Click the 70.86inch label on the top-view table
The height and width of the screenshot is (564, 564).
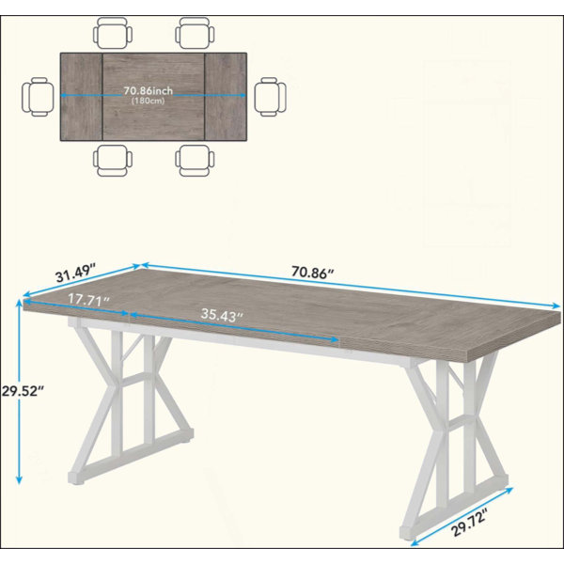[149, 90]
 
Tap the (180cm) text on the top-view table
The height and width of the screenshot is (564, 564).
[148, 101]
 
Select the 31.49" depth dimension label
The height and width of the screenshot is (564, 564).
[75, 274]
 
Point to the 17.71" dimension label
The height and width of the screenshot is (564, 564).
[88, 300]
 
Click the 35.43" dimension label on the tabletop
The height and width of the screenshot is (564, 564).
[222, 315]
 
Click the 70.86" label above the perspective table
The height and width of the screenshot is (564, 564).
[313, 273]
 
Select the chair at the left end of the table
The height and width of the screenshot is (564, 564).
[39, 97]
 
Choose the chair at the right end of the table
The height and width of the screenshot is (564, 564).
[270, 97]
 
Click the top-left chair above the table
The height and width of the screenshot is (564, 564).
[113, 33]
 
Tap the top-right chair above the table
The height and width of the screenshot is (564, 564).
[195, 33]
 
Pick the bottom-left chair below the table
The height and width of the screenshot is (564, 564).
[113, 161]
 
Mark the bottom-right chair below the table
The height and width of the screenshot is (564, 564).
[195, 161]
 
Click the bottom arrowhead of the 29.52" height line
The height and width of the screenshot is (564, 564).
[19, 480]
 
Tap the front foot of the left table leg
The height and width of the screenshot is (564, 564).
[76, 478]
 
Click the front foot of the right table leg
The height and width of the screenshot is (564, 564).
[409, 533]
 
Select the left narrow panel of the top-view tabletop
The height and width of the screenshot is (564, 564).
[82, 97]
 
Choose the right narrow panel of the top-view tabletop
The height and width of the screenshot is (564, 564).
[226, 97]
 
